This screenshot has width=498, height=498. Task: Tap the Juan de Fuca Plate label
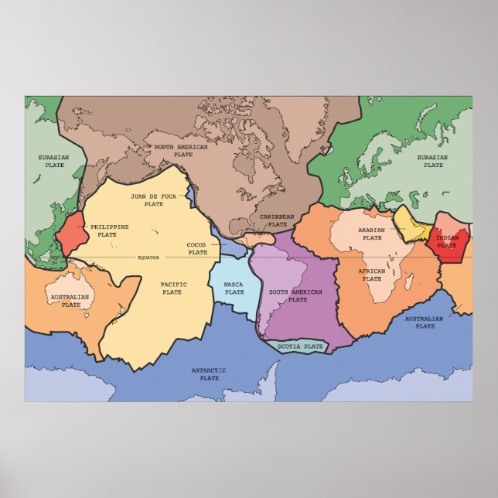coord(148,200)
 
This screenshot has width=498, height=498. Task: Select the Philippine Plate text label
coord(109,230)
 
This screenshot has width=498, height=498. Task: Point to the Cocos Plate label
coord(197,248)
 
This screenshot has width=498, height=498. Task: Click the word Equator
coord(148,257)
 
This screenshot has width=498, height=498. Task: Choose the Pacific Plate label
coord(172,288)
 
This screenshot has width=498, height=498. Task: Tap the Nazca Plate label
coord(234,288)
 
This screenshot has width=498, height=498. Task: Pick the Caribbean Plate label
coord(276,220)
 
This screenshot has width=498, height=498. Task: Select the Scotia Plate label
coord(300,346)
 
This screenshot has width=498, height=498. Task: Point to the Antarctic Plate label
coord(209,374)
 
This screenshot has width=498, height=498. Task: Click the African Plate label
coord(371,275)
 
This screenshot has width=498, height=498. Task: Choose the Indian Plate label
coord(447,241)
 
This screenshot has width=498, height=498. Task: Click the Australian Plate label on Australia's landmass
coord(70,300)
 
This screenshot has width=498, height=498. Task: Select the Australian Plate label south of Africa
coord(425,322)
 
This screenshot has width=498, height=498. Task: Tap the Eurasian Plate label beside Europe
coord(432,161)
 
